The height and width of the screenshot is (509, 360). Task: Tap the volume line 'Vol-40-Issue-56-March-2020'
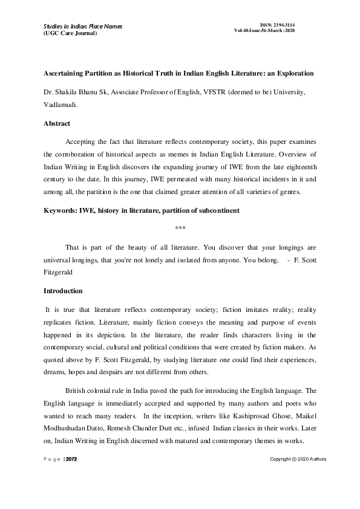pos(264,31)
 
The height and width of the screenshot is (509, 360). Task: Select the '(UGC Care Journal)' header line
pos(70,33)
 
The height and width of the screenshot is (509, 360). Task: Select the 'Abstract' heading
pos(56,123)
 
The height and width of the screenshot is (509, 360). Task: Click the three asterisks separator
pos(180,228)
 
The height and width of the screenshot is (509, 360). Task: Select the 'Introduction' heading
pos(62,291)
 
